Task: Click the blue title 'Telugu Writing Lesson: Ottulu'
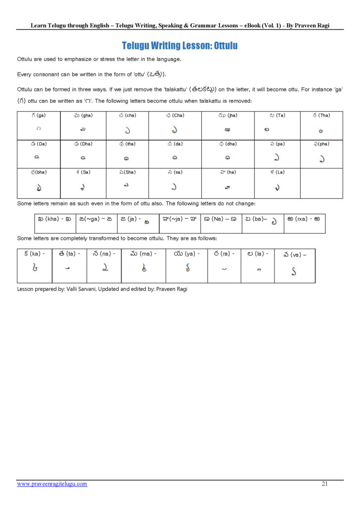(x=180, y=46)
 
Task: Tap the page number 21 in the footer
(x=324, y=484)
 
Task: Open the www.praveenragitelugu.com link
(x=52, y=484)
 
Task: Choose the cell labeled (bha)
(x=39, y=183)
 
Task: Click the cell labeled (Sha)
(x=129, y=183)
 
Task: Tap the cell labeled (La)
(x=277, y=183)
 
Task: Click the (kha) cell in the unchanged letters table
(x=54, y=224)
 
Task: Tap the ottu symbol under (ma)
(x=143, y=269)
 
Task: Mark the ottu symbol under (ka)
(x=34, y=269)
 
